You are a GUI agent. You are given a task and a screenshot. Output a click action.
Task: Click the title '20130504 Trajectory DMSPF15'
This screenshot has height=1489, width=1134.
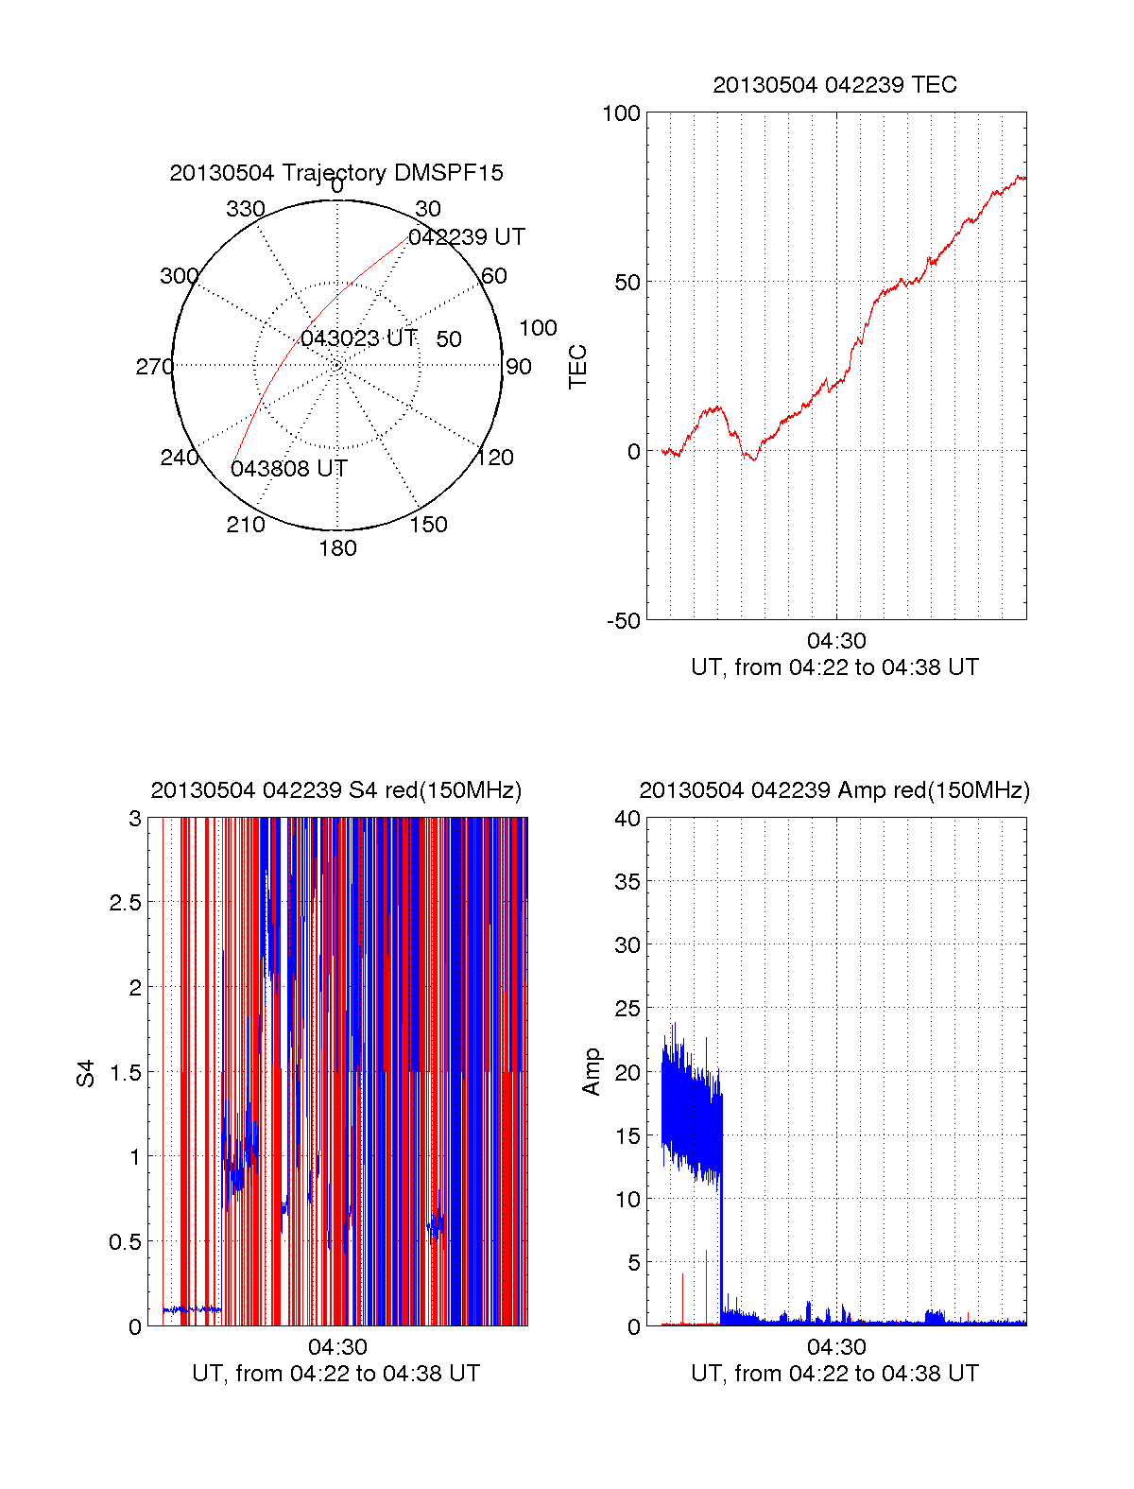pos(336,173)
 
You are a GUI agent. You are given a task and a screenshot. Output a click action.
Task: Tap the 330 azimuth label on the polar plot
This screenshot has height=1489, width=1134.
pos(246,209)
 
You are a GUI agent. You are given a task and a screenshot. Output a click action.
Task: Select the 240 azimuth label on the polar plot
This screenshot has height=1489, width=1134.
pos(180,458)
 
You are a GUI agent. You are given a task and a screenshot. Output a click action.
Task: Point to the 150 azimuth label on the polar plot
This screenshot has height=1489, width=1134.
pos(428,525)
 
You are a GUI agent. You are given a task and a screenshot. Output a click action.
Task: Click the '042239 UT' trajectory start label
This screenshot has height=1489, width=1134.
pos(467,237)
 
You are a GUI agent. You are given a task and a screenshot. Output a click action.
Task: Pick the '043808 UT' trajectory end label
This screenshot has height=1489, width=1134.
pos(289,469)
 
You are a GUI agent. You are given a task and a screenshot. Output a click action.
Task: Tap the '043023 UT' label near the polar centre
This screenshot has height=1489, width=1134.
pos(358,338)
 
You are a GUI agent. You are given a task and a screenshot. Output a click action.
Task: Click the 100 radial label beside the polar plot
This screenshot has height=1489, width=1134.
pos(538,328)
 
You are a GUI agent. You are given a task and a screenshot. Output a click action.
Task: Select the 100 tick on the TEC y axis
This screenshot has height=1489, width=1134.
pos(621,113)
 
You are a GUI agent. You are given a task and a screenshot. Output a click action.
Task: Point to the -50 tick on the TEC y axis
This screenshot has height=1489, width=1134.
pos(623,621)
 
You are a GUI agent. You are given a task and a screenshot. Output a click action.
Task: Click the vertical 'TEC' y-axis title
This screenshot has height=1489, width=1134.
pos(577,367)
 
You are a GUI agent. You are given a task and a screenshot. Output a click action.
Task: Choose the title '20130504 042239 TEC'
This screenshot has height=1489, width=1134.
pos(834,85)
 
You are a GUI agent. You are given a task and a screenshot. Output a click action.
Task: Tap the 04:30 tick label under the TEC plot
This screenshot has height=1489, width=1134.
pos(836,641)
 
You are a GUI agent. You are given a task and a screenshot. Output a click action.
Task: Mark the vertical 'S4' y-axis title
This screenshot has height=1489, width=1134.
pos(86,1074)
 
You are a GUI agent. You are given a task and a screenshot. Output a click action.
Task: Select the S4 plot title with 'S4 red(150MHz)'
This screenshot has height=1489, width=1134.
pos(336,790)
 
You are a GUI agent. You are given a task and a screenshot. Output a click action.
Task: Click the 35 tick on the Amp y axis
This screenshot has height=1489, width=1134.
pos(627,882)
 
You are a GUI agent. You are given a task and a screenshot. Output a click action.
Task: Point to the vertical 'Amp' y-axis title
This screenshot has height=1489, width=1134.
pos(592,1072)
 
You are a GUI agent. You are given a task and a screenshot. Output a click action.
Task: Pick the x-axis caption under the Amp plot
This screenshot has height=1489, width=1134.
pos(834,1374)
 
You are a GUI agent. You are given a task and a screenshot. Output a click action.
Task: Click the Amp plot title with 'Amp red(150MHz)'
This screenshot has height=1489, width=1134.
pos(834,790)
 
